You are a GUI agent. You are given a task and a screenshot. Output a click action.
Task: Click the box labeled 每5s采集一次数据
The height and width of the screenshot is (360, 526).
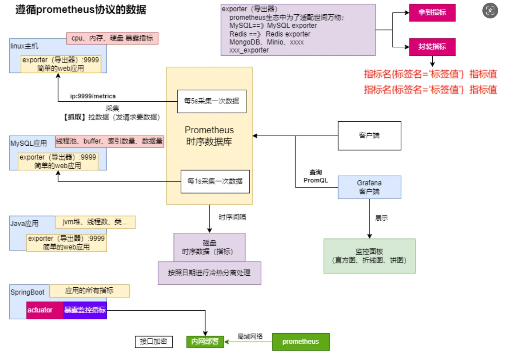212,101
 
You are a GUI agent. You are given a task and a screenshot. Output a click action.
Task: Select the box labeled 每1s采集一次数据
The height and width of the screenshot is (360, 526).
215,182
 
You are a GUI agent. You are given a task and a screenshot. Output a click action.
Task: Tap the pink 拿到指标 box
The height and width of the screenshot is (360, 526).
432,13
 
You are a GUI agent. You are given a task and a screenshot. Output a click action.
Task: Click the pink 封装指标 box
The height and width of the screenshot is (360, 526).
432,47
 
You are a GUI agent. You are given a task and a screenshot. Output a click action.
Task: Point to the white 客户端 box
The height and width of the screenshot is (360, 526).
369,136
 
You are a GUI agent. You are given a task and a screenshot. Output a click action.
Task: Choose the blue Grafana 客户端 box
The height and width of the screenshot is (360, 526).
369,187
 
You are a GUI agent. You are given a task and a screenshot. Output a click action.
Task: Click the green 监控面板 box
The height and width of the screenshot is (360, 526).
369,256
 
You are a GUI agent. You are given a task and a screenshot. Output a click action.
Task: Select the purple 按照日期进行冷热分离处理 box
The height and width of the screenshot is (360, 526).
210,273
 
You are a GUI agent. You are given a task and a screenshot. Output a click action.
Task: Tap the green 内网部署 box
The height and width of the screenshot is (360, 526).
205,342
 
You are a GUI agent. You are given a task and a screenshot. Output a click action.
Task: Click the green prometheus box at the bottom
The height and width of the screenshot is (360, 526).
301,342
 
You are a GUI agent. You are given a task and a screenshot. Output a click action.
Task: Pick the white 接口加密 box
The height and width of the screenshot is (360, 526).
154,342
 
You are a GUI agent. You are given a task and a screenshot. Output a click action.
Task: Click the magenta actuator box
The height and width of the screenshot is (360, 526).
45,310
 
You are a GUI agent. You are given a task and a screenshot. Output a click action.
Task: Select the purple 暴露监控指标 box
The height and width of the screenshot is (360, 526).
85,310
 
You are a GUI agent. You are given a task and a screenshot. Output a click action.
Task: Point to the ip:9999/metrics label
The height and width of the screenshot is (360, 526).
93,96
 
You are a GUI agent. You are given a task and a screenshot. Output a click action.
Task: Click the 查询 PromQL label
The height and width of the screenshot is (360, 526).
316,176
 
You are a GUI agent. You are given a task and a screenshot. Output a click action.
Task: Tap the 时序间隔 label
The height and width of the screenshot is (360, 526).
232,217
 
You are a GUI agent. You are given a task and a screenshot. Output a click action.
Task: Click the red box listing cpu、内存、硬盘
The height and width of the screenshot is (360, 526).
112,38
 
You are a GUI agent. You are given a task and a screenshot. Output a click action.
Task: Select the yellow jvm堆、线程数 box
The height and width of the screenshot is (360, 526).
95,222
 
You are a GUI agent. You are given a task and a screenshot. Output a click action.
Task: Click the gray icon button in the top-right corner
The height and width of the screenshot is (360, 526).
490,11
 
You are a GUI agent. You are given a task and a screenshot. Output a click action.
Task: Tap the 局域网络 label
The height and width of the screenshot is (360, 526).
250,336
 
